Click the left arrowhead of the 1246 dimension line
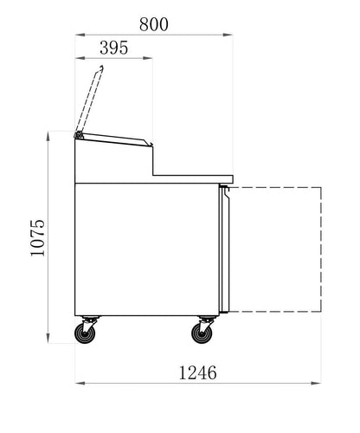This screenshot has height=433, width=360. (78, 382)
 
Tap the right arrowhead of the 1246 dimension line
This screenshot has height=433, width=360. (319, 382)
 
